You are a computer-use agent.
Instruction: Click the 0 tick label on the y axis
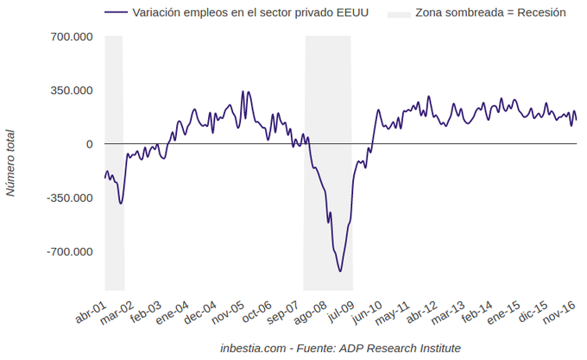(x=89, y=144)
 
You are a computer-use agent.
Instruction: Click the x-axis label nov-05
(x=228, y=313)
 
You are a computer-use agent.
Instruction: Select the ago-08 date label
(x=309, y=313)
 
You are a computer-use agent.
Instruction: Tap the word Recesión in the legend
(x=541, y=14)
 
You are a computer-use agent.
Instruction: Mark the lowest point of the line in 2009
(x=340, y=271)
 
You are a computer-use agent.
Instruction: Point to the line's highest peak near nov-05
(x=243, y=91)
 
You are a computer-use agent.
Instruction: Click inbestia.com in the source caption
(x=252, y=348)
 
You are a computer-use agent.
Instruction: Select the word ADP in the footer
(x=354, y=348)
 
